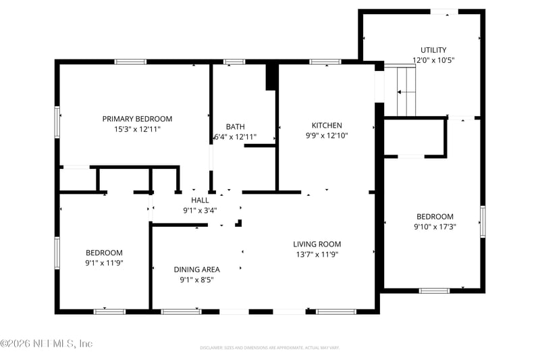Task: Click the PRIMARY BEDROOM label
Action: (137, 119)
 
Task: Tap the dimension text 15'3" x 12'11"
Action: (137, 128)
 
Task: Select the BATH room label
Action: (235, 126)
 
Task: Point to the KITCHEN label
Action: (327, 125)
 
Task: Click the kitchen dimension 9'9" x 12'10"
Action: (327, 135)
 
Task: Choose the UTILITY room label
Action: (433, 50)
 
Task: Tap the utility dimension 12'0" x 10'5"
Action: (433, 60)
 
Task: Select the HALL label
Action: (200, 200)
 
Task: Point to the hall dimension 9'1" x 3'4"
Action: (200, 210)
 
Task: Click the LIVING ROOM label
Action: (317, 244)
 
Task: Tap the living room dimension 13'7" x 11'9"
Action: (317, 255)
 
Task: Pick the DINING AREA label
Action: (196, 269)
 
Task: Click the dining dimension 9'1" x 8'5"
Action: (196, 280)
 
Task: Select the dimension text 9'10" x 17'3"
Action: (433, 227)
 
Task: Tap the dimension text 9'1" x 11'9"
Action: (104, 263)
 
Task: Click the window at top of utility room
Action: (444, 11)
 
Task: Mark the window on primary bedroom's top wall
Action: (130, 62)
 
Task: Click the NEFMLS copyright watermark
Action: (46, 344)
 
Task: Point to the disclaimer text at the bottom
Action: (269, 348)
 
